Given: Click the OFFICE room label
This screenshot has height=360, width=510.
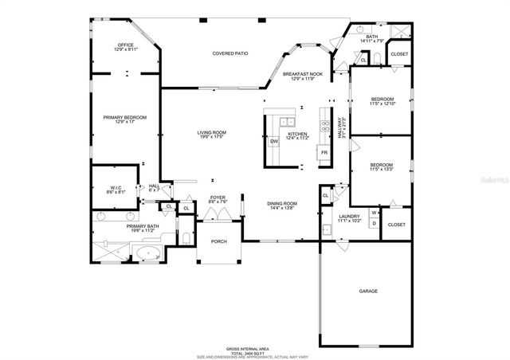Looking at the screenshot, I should (126, 45).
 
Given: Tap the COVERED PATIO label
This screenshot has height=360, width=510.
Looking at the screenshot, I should (229, 53).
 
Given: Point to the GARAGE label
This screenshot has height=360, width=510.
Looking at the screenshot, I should (368, 292).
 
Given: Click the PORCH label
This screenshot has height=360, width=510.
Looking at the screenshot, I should (218, 242).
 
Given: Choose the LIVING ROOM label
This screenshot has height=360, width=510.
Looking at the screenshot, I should (212, 132).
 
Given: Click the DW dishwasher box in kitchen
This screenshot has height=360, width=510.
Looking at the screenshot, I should (273, 141).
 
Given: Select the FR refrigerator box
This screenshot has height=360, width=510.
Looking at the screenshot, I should (324, 151).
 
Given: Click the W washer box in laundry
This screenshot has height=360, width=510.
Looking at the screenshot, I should (374, 213).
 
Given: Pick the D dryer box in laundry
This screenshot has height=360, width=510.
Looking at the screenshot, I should (374, 223).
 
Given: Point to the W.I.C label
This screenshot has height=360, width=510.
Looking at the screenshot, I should (115, 187).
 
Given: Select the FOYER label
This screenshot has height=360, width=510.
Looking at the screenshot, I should (218, 197).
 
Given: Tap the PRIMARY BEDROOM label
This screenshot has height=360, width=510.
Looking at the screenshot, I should (124, 117).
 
